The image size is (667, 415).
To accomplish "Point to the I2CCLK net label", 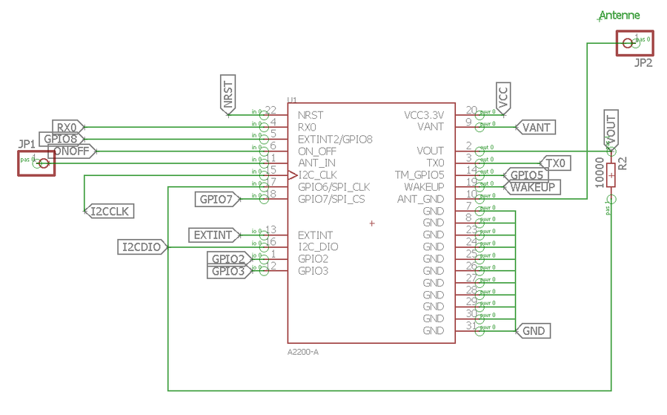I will [x=107, y=212].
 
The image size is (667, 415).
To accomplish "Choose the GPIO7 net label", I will [x=217, y=199].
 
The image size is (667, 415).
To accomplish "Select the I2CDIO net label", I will [x=142, y=246].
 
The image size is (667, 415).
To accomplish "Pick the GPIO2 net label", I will [x=228, y=258].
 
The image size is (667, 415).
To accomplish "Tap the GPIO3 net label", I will [x=228, y=271].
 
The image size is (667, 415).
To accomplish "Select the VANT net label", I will [x=535, y=127].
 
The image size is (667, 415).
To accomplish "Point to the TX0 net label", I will [x=556, y=163].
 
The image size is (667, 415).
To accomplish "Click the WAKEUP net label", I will [x=533, y=187].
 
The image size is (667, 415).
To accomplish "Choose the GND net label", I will [x=534, y=330].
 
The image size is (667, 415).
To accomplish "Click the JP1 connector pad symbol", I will [x=36, y=163].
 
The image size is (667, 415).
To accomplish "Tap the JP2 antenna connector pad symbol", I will [x=634, y=44].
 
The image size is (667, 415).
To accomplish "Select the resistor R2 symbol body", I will [x=611, y=177].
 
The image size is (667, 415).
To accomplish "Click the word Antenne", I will [x=619, y=16].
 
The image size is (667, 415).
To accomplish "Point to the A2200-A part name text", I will [x=303, y=351].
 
